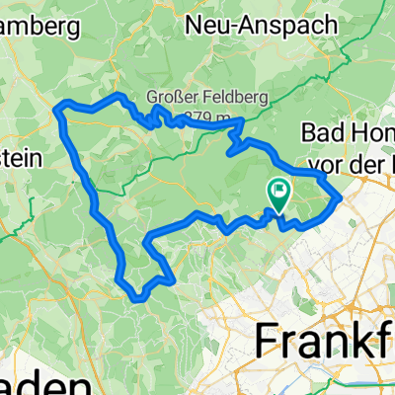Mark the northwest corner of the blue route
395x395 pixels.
[x=60, y=106]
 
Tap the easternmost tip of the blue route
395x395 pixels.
[x=341, y=197]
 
